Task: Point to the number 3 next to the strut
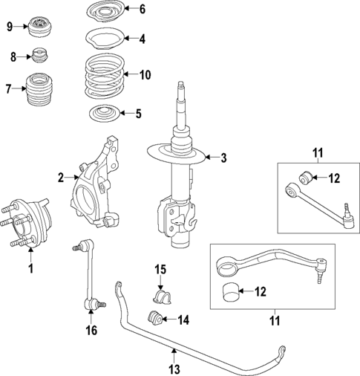pyautogui.click(x=221, y=157)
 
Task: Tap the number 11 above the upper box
pyautogui.click(x=317, y=154)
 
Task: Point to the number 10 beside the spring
pyautogui.click(x=144, y=74)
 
